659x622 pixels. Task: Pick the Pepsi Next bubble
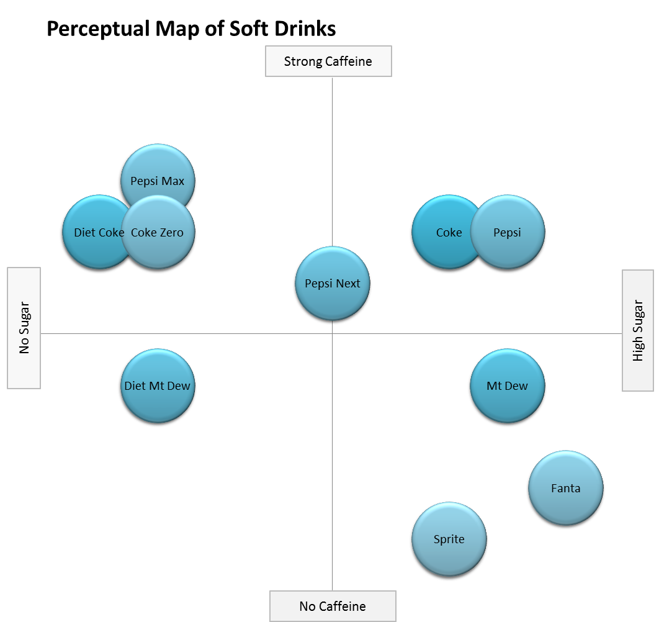(332, 284)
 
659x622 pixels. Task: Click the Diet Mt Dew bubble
(157, 386)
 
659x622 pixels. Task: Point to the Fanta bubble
(565, 489)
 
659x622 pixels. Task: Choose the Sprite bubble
(449, 539)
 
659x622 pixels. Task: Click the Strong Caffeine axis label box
(328, 61)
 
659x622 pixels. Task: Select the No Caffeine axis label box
(333, 606)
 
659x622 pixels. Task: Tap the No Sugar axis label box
(24, 328)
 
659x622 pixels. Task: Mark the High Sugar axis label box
(638, 330)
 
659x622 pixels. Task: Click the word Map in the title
(176, 29)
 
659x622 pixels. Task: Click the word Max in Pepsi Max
(174, 182)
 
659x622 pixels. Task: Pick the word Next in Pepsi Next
(347, 284)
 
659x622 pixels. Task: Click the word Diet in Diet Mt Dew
(135, 386)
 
